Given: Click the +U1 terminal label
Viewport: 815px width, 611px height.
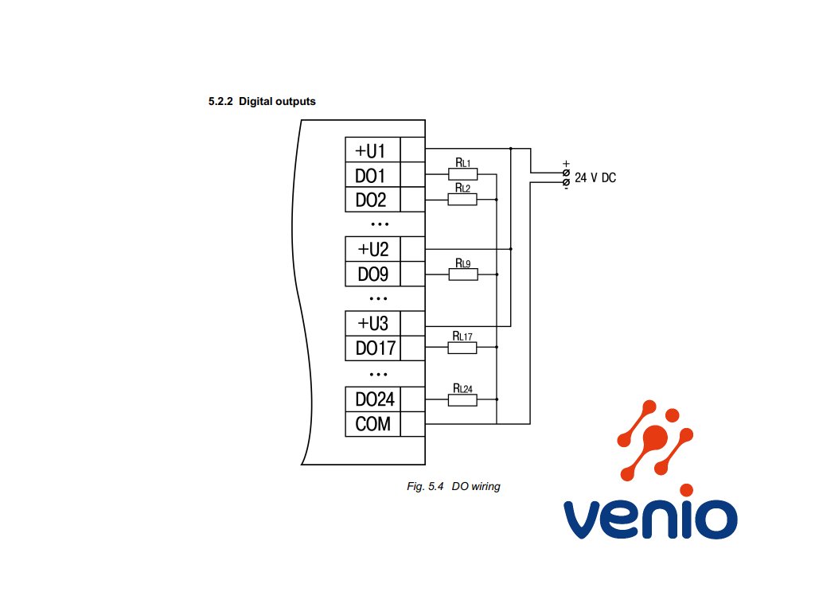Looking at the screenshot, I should [371, 150].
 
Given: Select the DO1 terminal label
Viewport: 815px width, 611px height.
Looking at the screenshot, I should [371, 175].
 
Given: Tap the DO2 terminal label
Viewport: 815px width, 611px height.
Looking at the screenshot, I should [371, 200].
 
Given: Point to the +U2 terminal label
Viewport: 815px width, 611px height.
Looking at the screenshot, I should [372, 249].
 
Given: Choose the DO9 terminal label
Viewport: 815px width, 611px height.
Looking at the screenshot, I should [372, 274].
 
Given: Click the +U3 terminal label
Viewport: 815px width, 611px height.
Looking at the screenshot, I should [372, 324].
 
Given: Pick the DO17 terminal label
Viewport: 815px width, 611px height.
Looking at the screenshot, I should [372, 348].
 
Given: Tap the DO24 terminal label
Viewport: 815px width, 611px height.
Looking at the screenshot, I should [372, 399].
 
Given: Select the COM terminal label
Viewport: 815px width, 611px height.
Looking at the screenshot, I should [372, 424].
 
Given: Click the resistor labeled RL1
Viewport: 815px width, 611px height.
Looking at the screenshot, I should [462, 174].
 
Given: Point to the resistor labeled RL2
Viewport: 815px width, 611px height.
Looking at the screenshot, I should [462, 199].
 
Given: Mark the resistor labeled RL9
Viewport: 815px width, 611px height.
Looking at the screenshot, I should [462, 274].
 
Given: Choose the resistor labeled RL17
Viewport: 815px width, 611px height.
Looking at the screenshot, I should [462, 348].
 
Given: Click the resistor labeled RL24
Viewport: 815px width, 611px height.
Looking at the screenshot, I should [462, 399].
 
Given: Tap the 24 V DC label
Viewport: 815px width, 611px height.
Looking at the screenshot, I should [595, 178].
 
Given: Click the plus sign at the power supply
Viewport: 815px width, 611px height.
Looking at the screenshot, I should [566, 164].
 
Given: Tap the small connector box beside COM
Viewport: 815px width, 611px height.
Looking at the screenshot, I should [412, 424].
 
